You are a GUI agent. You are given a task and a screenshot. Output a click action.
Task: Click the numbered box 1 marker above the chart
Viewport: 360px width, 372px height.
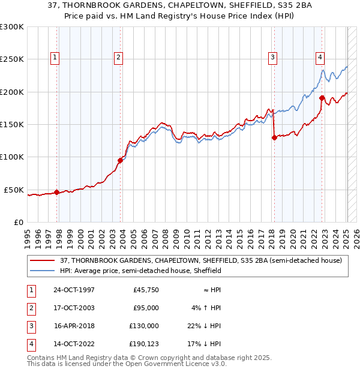point(55,58)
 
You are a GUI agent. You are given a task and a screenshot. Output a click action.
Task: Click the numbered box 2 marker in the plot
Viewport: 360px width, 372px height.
point(118,58)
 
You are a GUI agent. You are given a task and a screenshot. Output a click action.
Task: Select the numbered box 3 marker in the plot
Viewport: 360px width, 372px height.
point(272,58)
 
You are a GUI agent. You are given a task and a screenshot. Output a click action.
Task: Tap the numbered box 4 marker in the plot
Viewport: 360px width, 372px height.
point(320,58)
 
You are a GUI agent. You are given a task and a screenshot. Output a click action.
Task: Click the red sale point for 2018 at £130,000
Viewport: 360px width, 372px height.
point(274,137)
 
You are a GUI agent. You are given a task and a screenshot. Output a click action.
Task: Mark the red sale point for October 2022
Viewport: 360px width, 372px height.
point(322,98)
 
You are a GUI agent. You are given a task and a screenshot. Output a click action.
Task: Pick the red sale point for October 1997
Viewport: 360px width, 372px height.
point(57,193)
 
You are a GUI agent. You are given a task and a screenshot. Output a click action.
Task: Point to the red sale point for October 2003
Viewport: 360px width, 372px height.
point(121,160)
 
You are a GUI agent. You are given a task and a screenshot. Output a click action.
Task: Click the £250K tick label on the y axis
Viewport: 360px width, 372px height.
point(12,59)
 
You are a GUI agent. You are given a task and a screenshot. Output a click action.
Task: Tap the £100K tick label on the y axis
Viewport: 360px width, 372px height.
point(12,157)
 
